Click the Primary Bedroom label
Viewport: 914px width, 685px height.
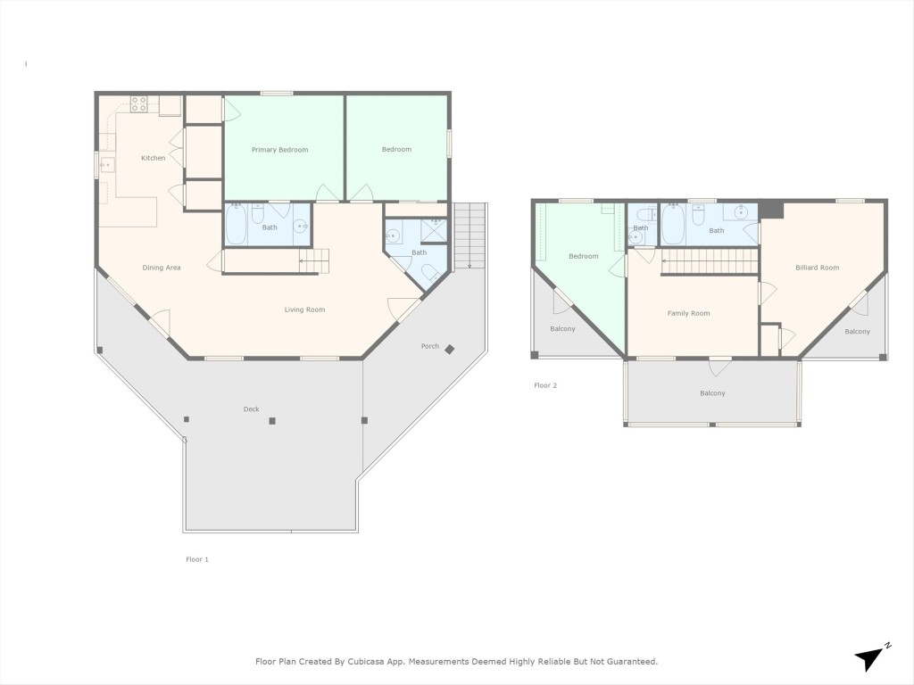click(279, 150)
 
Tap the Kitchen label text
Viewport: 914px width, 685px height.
click(153, 158)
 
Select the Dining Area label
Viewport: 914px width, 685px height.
click(162, 268)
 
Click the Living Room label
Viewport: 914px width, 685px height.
click(304, 309)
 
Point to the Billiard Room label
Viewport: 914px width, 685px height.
click(817, 268)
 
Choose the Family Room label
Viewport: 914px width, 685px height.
click(688, 313)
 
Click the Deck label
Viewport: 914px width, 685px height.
click(251, 409)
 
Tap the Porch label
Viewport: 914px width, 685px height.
click(429, 346)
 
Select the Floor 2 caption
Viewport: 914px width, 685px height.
click(544, 385)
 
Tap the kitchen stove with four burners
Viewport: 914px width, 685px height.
click(138, 103)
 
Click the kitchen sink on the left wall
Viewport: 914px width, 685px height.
click(106, 165)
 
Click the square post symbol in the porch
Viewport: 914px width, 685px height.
click(450, 349)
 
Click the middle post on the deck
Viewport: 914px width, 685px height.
click(272, 421)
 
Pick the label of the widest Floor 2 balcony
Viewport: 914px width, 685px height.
click(711, 393)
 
